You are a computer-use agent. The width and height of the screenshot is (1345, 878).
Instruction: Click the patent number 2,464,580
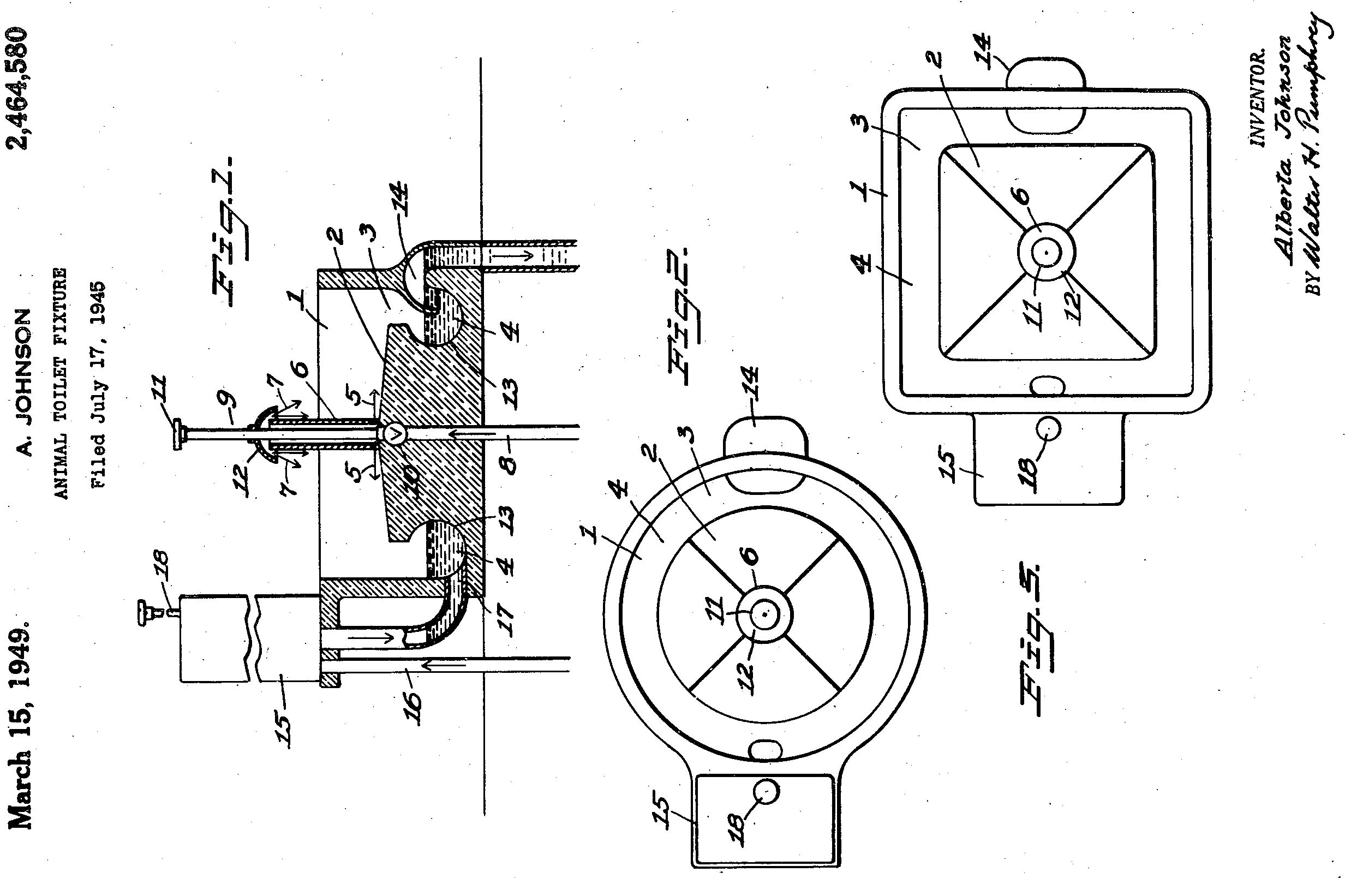pyautogui.click(x=17, y=87)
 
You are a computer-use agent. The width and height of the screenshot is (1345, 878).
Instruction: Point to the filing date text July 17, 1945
pyautogui.click(x=98, y=384)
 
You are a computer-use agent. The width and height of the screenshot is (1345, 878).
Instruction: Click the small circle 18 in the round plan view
pyautogui.click(x=766, y=792)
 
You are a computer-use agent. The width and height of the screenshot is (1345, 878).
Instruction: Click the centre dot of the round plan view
pyautogui.click(x=764, y=614)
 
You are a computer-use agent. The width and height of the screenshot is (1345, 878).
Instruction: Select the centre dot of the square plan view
pyautogui.click(x=1047, y=253)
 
